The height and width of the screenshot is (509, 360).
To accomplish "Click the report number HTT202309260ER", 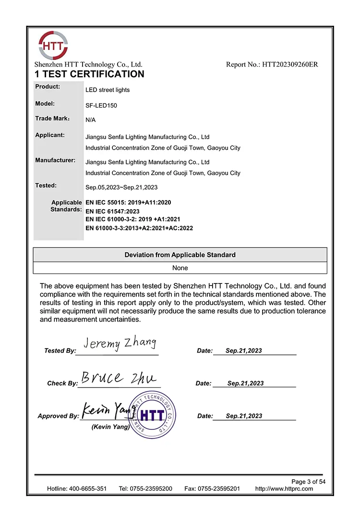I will (x=272, y=64).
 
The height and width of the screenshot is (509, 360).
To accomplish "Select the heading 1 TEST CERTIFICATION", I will (x=89, y=74).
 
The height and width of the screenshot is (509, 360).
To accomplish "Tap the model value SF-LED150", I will (x=101, y=106).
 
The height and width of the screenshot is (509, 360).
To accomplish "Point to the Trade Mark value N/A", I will (x=90, y=120).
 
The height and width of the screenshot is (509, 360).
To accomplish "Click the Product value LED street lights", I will (x=108, y=90).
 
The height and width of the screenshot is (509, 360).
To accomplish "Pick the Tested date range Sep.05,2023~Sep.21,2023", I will (x=121, y=187).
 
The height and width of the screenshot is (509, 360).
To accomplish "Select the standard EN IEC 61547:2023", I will (x=112, y=211).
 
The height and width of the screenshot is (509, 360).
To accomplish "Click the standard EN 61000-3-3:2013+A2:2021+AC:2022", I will (x=139, y=228).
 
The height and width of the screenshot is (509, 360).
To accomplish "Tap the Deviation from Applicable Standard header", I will (x=180, y=255).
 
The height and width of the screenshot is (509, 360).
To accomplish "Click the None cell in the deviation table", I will (x=180, y=268).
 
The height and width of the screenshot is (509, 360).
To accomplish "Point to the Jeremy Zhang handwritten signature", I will (x=120, y=343).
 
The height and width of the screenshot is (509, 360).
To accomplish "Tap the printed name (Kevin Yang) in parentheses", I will (x=110, y=427).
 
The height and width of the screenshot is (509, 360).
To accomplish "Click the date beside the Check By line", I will (x=245, y=383).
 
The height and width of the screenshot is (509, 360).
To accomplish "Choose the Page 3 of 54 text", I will (x=309, y=482).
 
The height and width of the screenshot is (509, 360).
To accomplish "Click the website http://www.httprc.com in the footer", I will (x=284, y=489).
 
